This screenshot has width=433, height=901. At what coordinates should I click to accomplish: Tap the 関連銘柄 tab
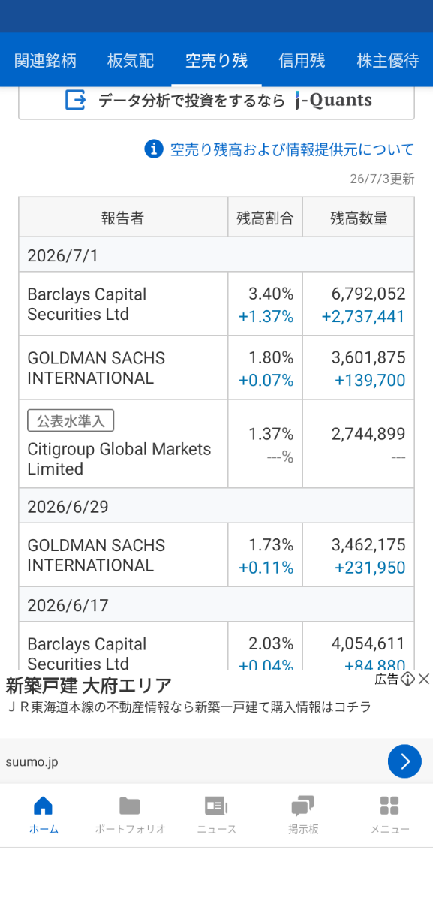(x=45, y=61)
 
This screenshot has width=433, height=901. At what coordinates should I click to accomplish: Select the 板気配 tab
(x=131, y=61)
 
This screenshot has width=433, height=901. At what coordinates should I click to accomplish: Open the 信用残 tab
(x=302, y=61)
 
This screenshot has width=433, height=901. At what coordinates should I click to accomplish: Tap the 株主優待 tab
(x=388, y=61)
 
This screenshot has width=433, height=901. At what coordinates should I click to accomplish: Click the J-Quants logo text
(x=334, y=100)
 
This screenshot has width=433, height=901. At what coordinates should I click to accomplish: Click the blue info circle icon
(x=154, y=149)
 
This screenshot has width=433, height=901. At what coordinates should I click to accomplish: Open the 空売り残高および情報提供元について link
(x=292, y=149)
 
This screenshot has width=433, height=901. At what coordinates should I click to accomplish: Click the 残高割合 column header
(x=265, y=218)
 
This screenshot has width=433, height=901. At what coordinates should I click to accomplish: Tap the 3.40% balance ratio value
(x=271, y=294)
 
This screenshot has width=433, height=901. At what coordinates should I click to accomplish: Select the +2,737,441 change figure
(x=363, y=317)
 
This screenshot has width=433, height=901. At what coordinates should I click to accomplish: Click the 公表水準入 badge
(x=71, y=420)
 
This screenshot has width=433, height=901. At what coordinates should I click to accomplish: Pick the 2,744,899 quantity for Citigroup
(x=368, y=434)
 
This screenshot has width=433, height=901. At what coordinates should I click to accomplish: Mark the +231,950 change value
(x=370, y=568)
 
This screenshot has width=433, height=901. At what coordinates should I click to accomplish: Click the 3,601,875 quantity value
(x=368, y=357)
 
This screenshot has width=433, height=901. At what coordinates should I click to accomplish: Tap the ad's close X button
(x=424, y=680)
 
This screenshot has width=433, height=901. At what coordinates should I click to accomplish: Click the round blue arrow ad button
(x=404, y=761)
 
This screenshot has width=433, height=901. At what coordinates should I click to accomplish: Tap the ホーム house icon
(x=43, y=805)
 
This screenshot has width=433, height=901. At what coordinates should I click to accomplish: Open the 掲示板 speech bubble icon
(x=302, y=805)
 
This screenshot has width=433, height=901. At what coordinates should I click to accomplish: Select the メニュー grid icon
(x=389, y=806)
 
